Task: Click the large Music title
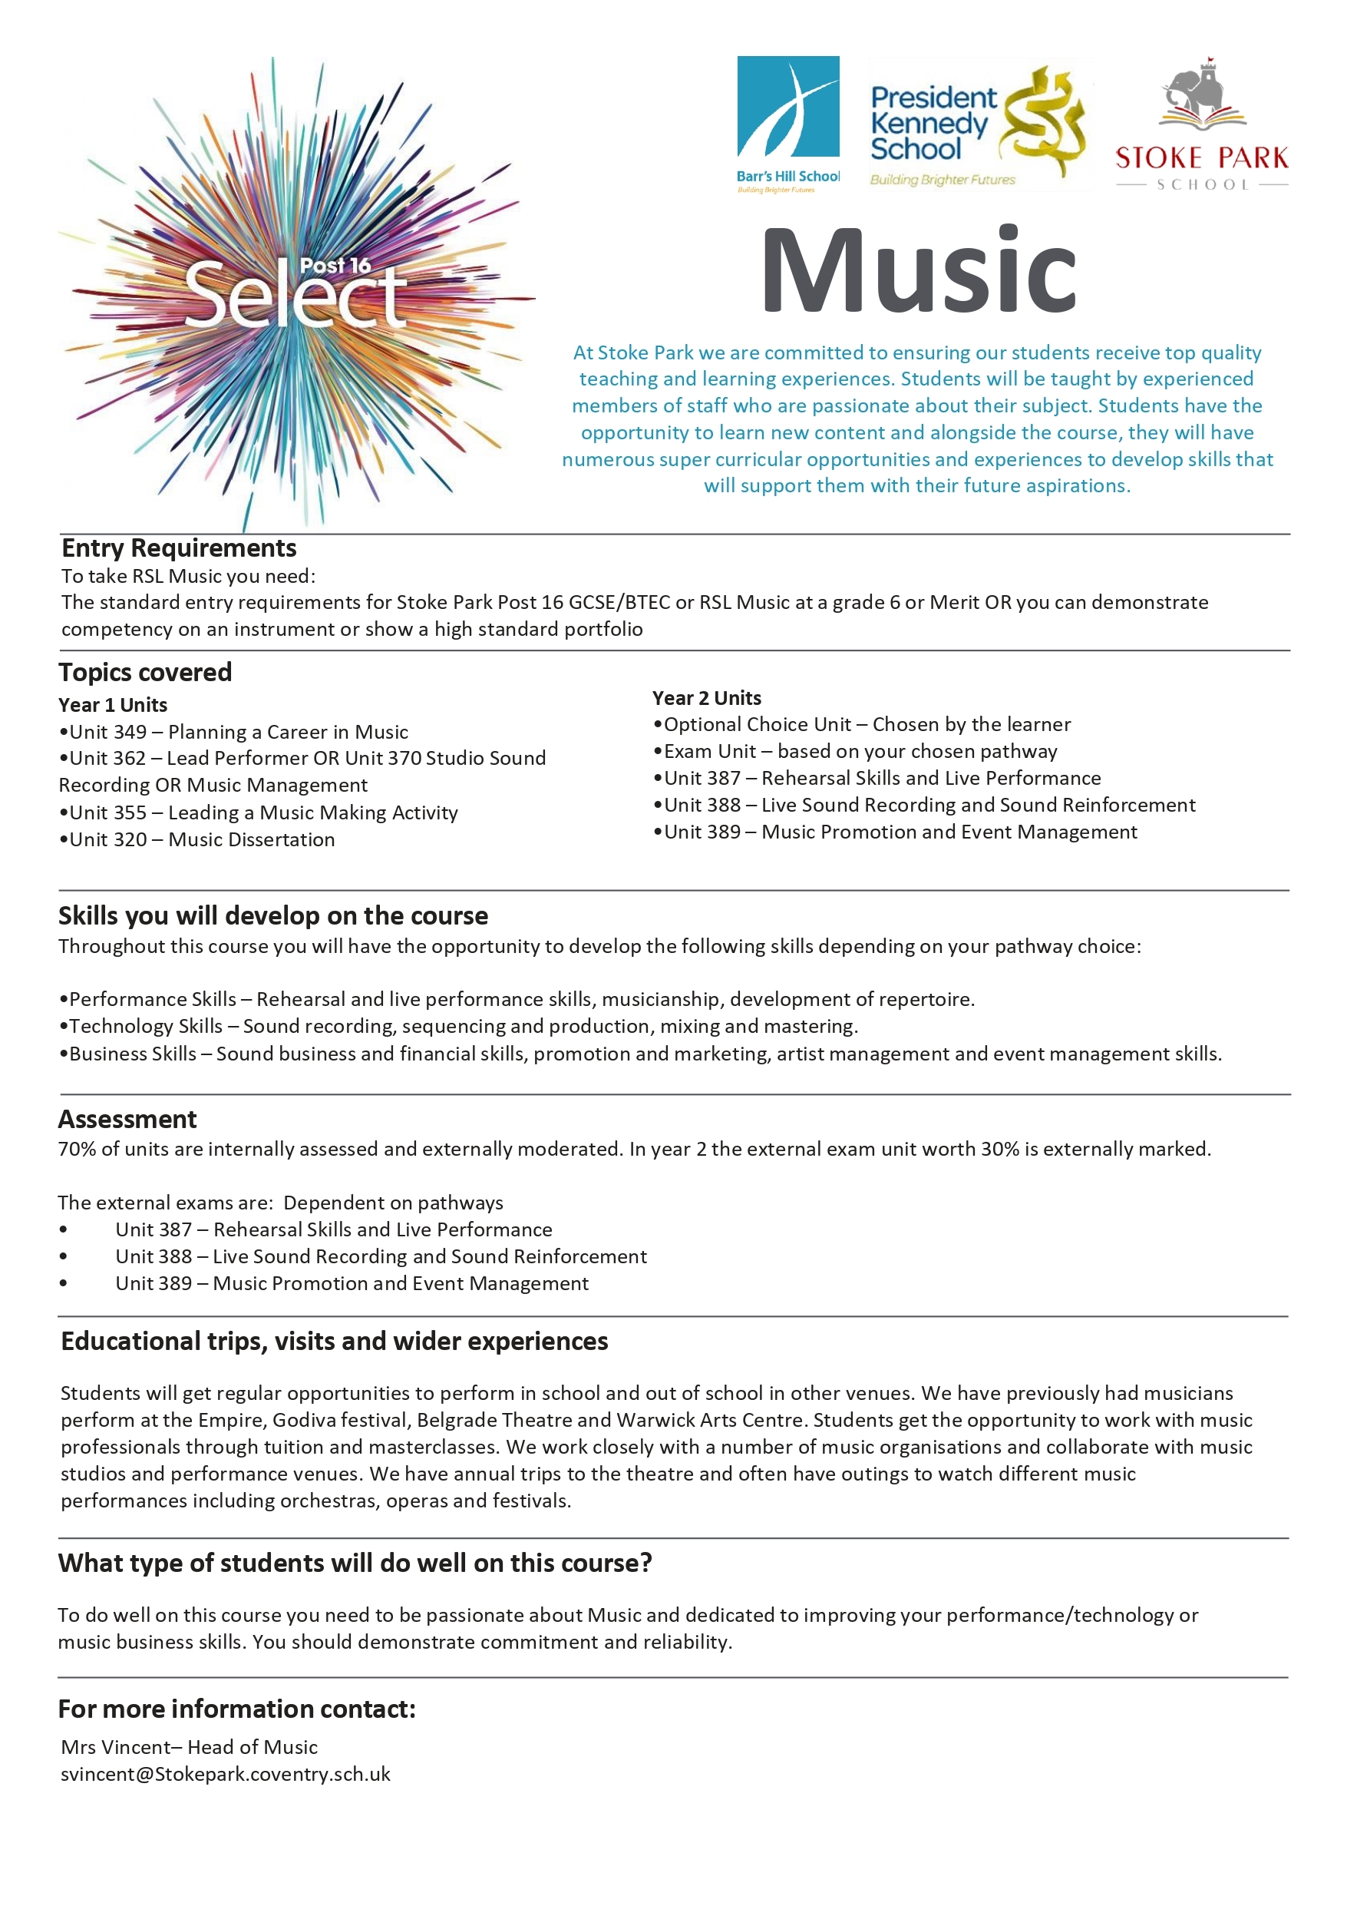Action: [918, 270]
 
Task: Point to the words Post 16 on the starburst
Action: [335, 266]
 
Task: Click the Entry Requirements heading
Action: [178, 548]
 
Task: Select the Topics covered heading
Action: [145, 672]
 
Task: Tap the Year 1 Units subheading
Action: [113, 705]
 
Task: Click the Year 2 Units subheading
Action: [706, 697]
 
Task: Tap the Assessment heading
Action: [127, 1119]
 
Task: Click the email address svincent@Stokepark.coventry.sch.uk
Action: [226, 1774]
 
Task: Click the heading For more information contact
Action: [237, 1709]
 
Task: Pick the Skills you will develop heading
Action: [273, 915]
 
